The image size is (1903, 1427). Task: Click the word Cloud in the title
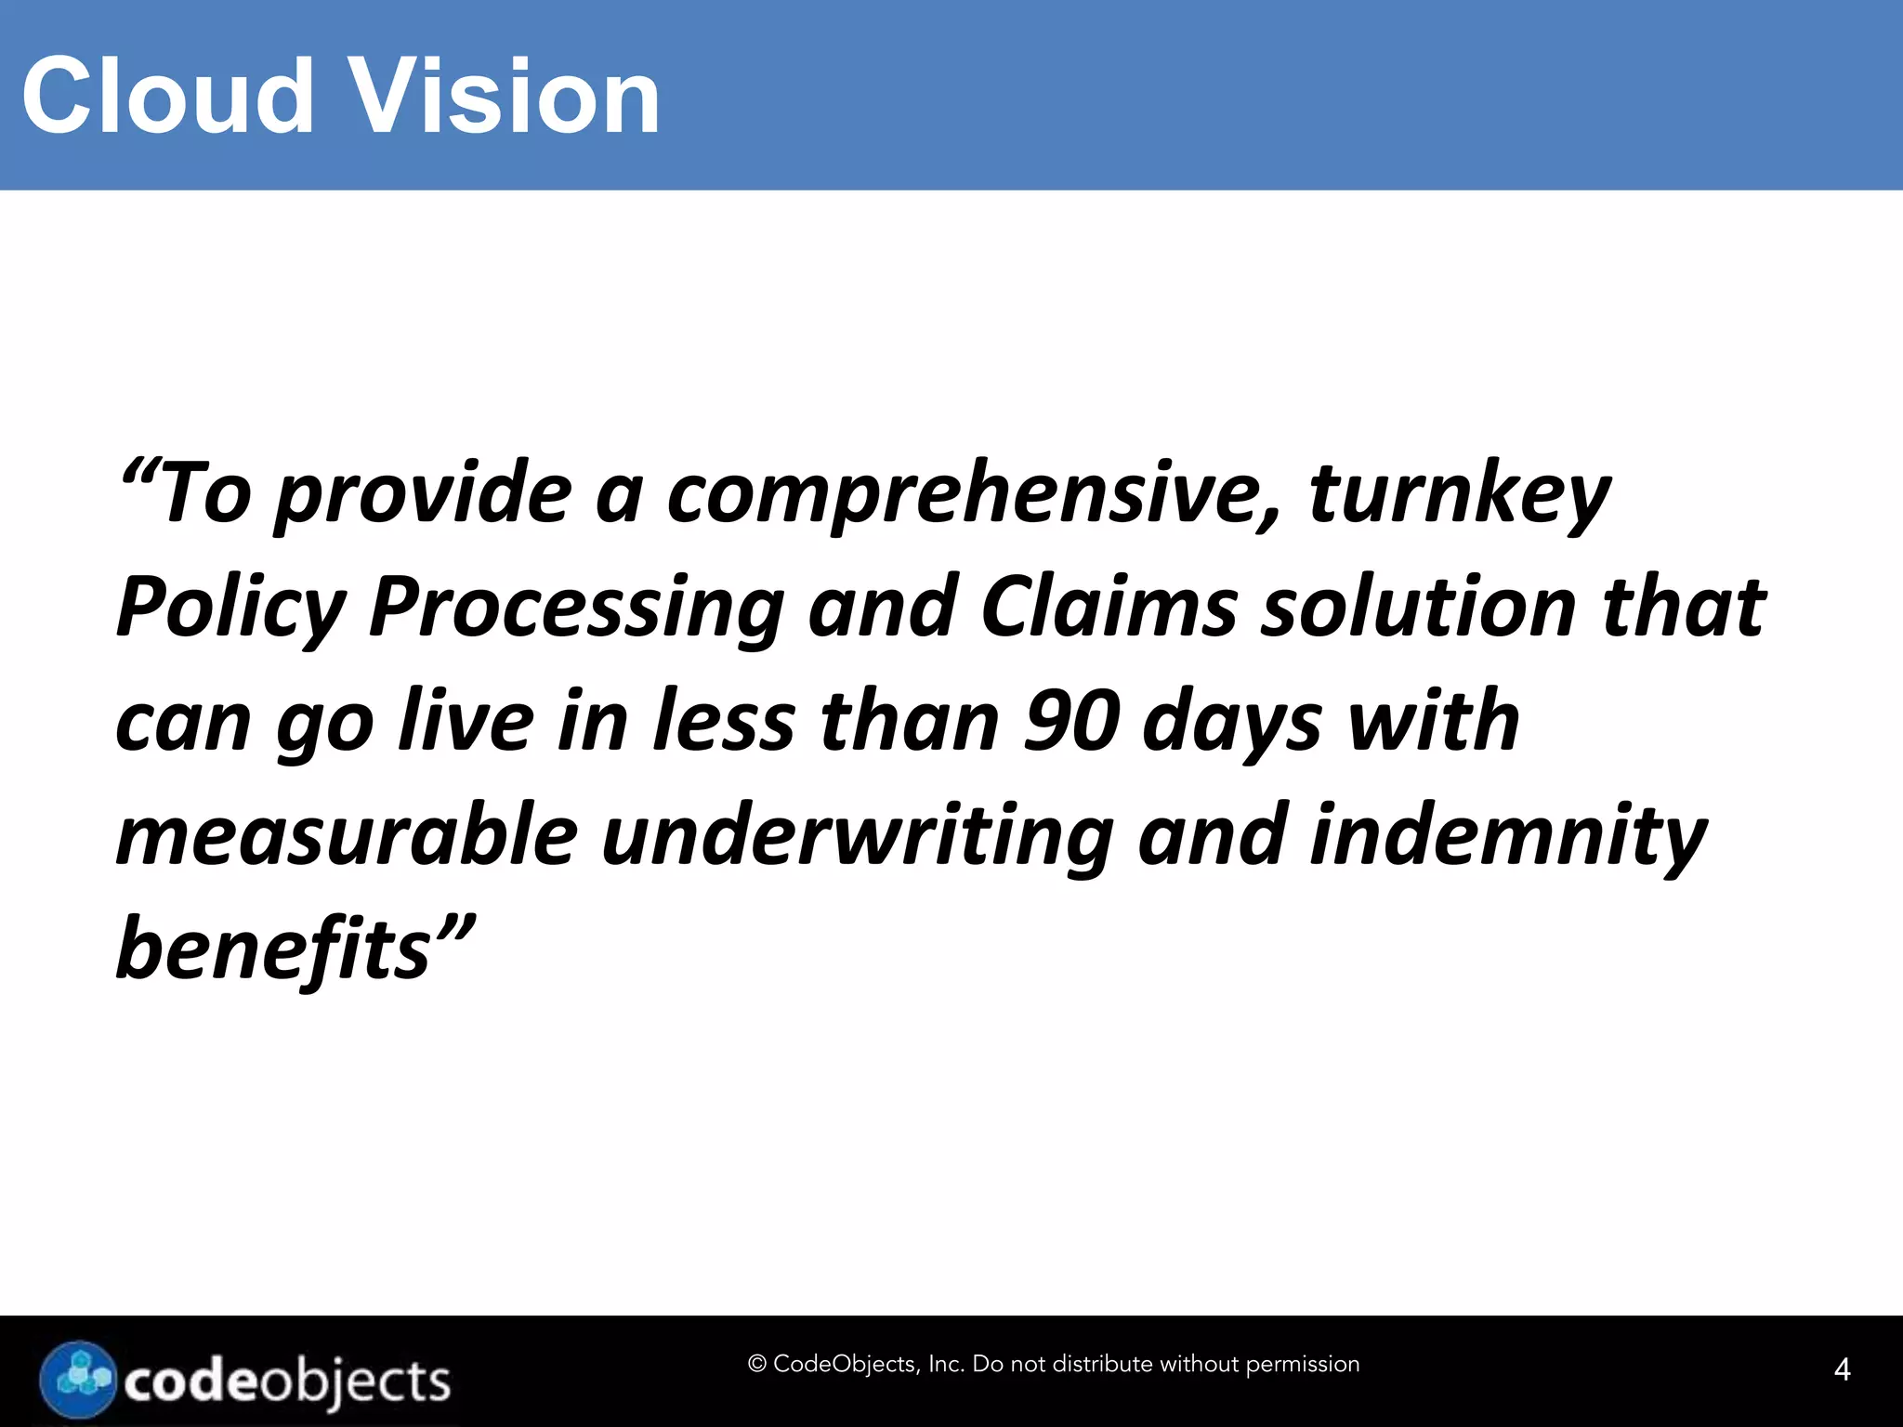168,96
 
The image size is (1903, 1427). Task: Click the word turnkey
1459,495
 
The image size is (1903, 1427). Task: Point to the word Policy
230,609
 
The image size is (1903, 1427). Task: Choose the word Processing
577,609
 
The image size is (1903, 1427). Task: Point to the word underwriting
857,837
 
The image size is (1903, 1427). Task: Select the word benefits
274,949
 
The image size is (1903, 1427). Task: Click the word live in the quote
466,722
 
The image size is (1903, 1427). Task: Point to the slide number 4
1842,1369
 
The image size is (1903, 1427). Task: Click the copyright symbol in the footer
756,1364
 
